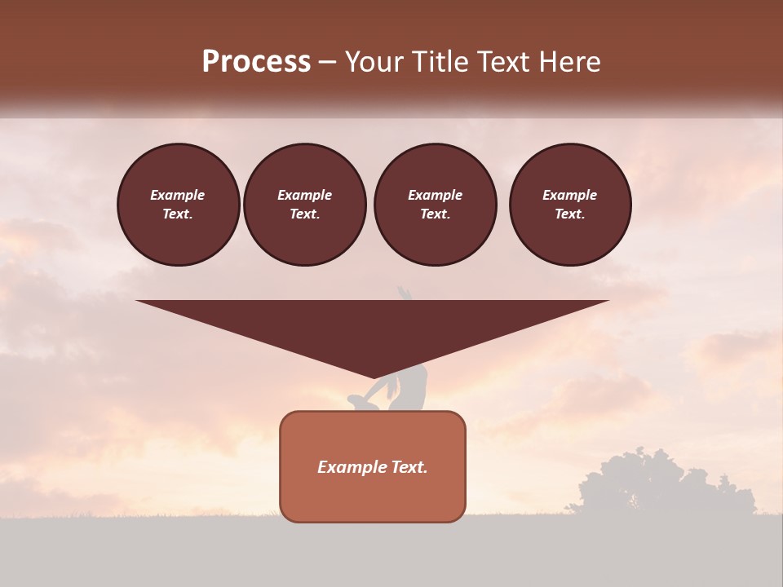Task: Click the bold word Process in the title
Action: click(256, 62)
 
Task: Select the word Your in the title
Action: click(374, 62)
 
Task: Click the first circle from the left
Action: click(178, 204)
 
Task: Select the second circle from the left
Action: click(305, 204)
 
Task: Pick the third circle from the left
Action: click(435, 204)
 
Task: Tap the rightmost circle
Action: click(570, 204)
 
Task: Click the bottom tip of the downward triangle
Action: click(374, 377)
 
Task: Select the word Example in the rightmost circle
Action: click(570, 195)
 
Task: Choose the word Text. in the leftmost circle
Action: click(178, 214)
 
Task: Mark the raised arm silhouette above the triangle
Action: click(404, 293)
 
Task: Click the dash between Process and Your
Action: click(327, 62)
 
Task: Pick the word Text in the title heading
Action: click(505, 62)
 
